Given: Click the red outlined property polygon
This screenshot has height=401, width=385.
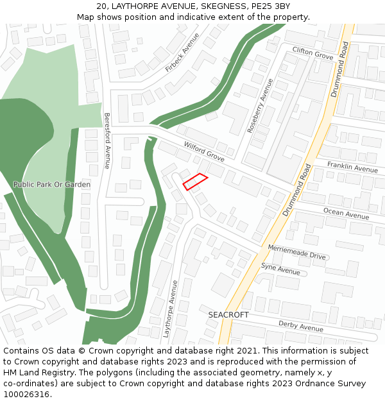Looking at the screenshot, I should (x=195, y=182).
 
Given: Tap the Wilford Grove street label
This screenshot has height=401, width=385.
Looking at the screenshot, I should (x=204, y=152).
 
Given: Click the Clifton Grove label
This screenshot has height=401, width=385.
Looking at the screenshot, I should (x=312, y=53).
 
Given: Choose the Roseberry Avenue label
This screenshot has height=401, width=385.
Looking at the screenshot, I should (x=260, y=106).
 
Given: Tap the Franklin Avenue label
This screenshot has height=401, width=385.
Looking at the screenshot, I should (x=352, y=167).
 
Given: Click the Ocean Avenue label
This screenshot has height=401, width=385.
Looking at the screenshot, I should (x=346, y=213).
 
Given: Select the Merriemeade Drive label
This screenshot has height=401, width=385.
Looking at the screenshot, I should (x=296, y=251).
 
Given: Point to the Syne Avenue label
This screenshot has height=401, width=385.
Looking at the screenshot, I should (x=280, y=269).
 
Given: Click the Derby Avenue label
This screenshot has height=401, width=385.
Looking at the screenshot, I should (x=301, y=326).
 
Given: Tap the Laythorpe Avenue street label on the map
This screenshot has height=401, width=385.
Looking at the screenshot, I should (x=169, y=309).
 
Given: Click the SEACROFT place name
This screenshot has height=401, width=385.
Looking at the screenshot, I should (x=228, y=315).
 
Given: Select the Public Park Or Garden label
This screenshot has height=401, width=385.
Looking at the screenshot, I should (x=52, y=185).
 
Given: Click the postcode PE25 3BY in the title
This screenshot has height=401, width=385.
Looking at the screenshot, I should (x=269, y=6).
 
